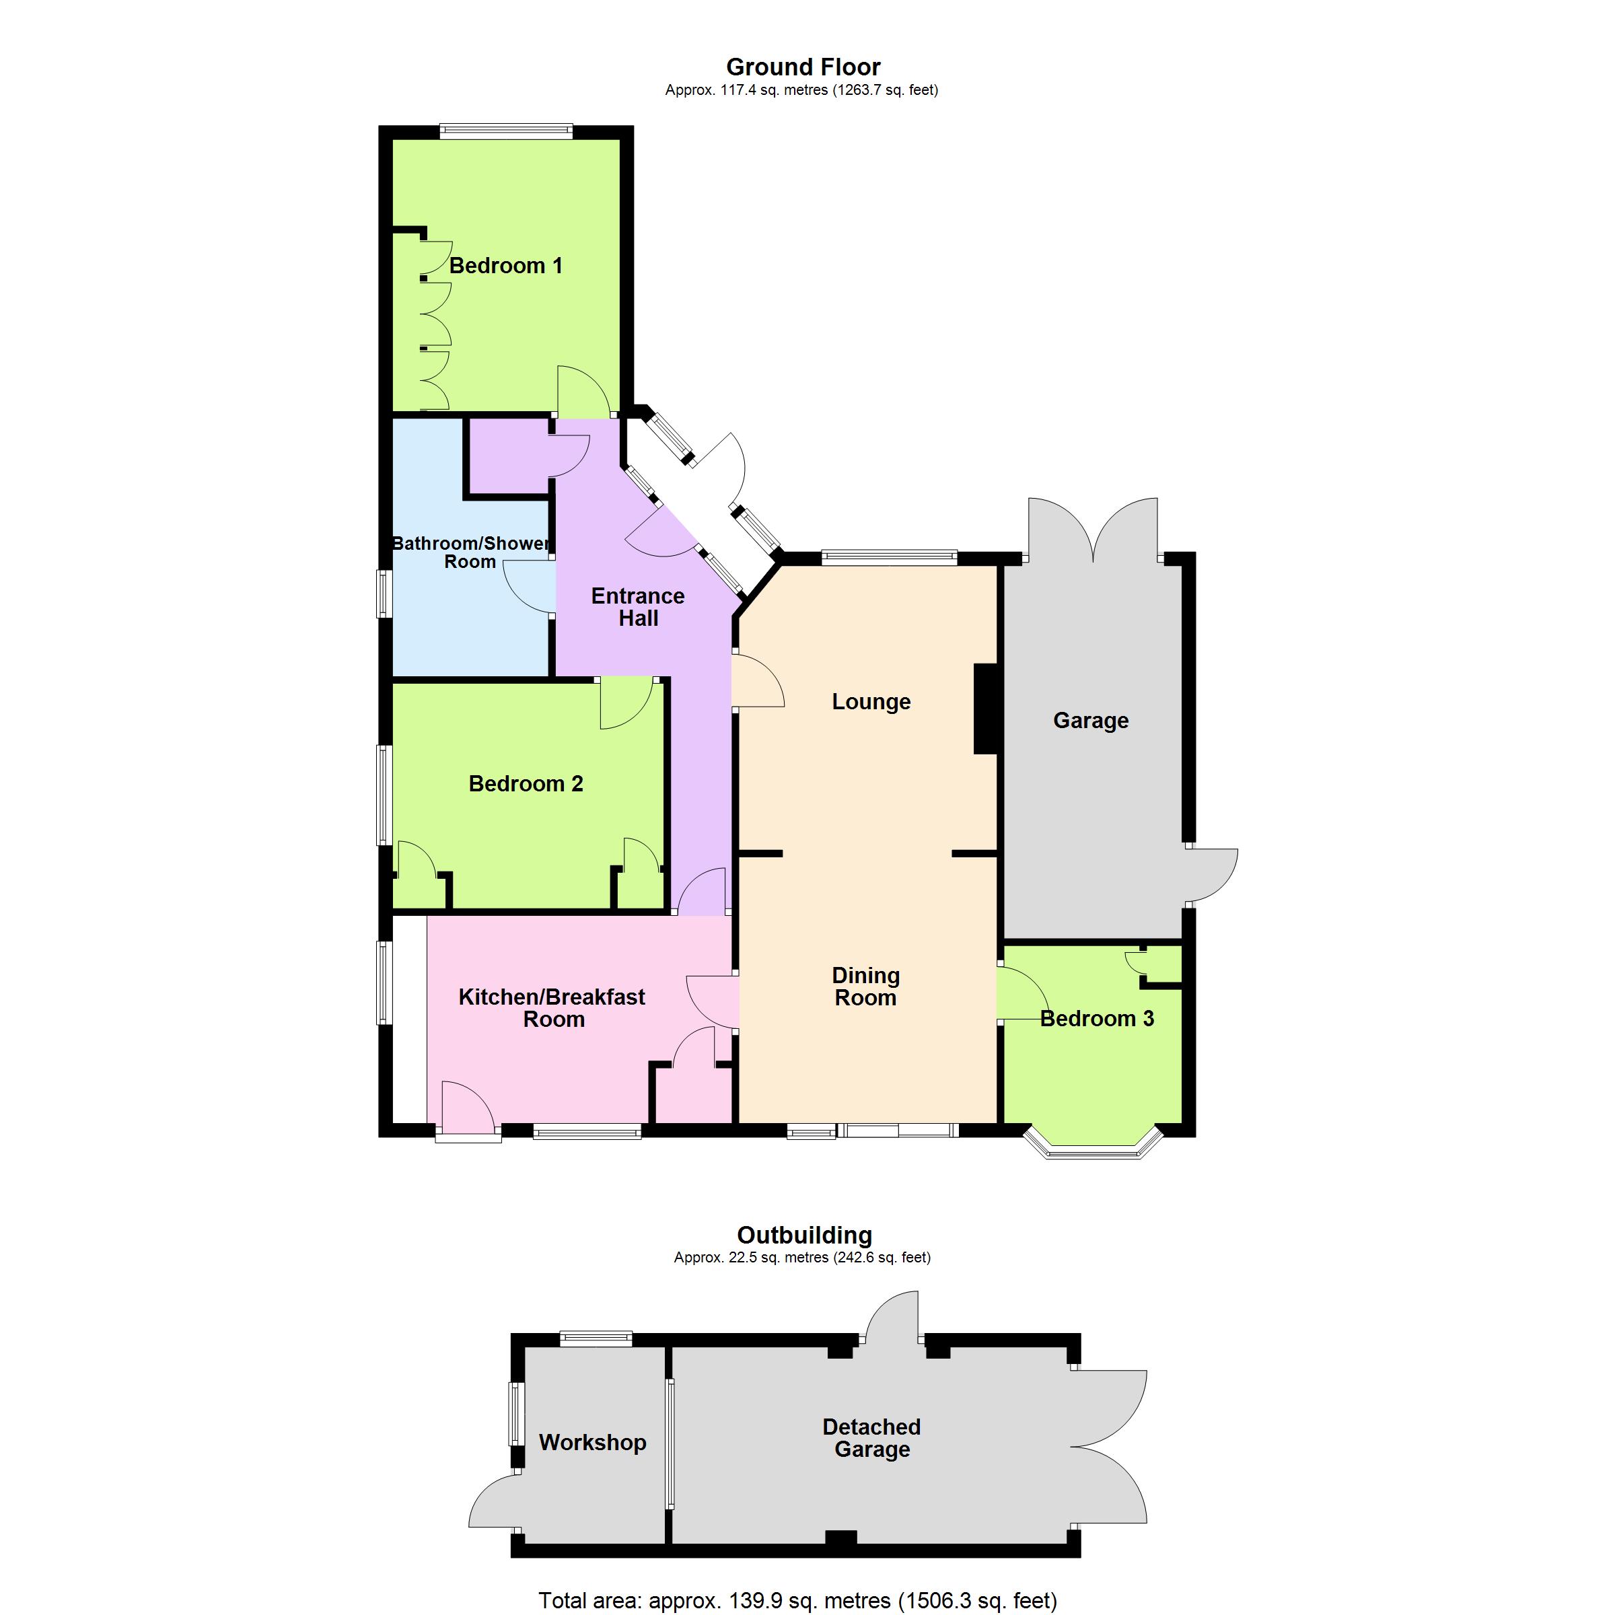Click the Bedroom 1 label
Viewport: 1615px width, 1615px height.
pos(506,266)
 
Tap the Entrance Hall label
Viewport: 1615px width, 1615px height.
pos(638,607)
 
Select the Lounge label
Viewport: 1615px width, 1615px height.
pos(871,702)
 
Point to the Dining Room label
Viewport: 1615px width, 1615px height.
pos(866,986)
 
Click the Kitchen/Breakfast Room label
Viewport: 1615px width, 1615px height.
pos(552,1008)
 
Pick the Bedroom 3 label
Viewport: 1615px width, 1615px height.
pos(1098,1018)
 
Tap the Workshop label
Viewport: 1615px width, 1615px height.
pos(593,1443)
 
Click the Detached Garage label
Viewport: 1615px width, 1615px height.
pos(872,1438)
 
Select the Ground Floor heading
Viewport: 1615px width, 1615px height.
pos(803,67)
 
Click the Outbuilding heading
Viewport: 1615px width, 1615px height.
pos(805,1235)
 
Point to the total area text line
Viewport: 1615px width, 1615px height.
pos(798,1601)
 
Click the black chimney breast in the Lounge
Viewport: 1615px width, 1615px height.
pos(986,709)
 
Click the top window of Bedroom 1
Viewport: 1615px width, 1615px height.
pos(507,131)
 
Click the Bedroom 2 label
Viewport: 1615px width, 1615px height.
pos(526,784)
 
